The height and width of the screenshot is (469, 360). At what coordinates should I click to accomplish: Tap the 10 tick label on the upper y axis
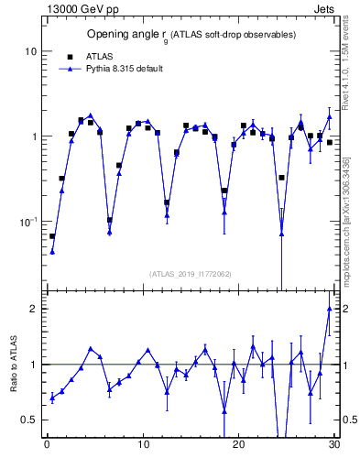pos(30,51)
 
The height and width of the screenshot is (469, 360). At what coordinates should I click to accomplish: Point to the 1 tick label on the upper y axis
pos(33,136)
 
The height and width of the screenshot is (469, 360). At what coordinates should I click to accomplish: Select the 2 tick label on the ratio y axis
pos(33,309)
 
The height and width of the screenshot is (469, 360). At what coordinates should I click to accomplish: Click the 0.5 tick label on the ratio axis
pos(29,420)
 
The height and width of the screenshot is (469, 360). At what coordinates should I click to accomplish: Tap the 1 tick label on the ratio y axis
pos(33,365)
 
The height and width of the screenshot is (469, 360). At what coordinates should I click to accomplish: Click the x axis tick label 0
pos(47,446)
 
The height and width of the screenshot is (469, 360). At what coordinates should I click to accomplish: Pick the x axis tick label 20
pos(238,446)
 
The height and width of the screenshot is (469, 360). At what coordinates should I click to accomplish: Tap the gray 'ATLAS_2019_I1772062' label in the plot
pos(190,273)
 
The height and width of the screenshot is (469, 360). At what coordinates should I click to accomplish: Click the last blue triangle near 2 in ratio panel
pos(329,309)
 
